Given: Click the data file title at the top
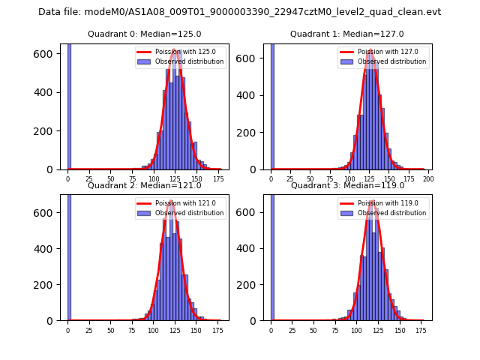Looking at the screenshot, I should (x=239, y=12).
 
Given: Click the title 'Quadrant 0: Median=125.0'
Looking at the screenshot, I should (x=145, y=34).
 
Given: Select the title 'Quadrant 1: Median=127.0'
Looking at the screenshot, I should (x=347, y=34).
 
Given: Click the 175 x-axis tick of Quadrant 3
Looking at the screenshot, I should (x=421, y=330).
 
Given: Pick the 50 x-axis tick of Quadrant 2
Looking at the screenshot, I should (x=110, y=330).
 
